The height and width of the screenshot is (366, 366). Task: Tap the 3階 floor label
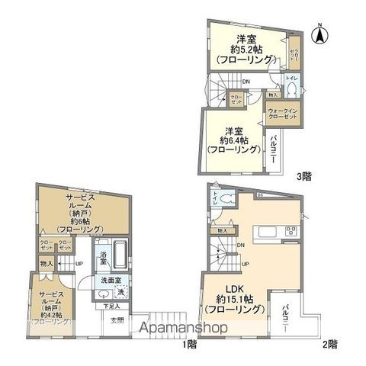tap(303, 176)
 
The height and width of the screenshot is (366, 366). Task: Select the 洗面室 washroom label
tap(108, 281)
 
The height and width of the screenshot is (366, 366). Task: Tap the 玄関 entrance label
tap(119, 319)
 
